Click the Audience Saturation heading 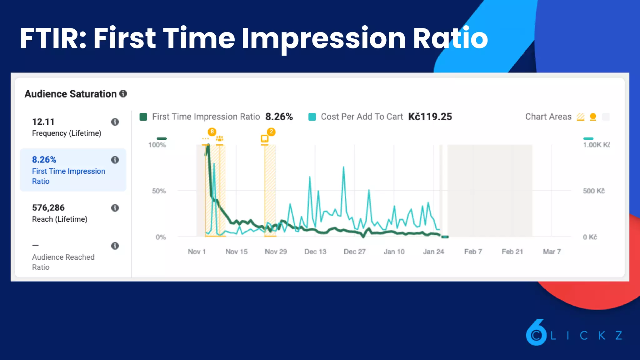tap(71, 94)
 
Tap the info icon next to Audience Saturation tap(123, 93)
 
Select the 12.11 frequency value tap(43, 122)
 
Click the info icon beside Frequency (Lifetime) tap(115, 122)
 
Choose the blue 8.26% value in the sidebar tap(44, 160)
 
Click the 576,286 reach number tap(48, 207)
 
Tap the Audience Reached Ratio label tap(63, 262)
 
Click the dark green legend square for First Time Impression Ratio tap(143, 117)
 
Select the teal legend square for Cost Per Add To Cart tap(312, 117)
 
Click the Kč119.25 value tap(430, 117)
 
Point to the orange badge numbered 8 tap(212, 132)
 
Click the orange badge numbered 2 tap(271, 132)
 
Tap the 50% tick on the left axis tap(159, 191)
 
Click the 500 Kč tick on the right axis tap(593, 191)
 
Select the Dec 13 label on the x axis tap(315, 252)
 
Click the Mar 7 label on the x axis tap(552, 252)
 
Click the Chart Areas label tap(548, 117)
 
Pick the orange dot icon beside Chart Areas tap(593, 117)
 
